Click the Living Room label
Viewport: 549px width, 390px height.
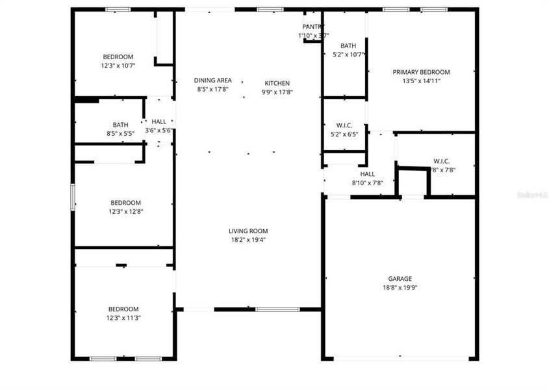click(x=248, y=231)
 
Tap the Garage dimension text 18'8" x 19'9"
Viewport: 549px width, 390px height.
click(x=400, y=287)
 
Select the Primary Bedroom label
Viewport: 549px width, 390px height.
click(x=421, y=72)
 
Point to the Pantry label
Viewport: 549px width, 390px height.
click(x=309, y=27)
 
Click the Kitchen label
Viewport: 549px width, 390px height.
click(x=277, y=83)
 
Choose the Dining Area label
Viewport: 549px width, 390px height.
click(x=213, y=81)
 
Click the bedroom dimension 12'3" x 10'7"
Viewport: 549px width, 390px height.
click(x=118, y=66)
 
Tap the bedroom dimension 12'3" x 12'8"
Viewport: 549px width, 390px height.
click(x=118, y=211)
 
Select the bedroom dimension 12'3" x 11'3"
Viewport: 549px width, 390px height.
click(x=118, y=318)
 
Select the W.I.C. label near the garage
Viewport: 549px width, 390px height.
click(x=442, y=161)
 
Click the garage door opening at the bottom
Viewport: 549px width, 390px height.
click(x=400, y=358)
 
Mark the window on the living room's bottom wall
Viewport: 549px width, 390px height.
click(x=268, y=309)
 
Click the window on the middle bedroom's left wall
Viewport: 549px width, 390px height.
click(x=73, y=196)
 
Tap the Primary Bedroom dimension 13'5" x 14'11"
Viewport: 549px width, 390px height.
click(x=421, y=81)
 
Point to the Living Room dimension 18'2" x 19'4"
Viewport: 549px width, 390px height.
click(x=248, y=240)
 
